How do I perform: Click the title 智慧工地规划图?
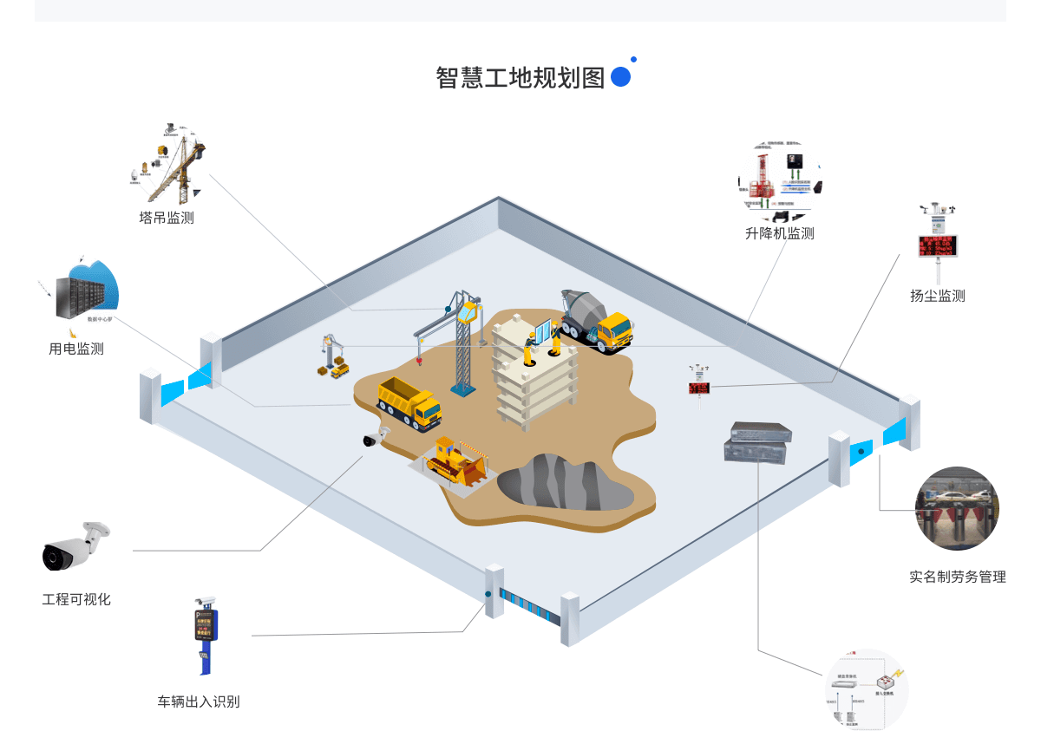pos(520,77)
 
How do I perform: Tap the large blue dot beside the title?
pos(620,76)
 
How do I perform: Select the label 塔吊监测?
pos(167,218)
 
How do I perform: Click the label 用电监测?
pos(76,349)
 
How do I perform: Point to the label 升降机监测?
pos(780,233)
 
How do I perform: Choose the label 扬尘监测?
pos(937,296)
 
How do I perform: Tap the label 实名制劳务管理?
pos(957,577)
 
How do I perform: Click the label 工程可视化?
pos(76,599)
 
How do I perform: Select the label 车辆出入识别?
pos(198,702)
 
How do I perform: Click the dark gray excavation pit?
pos(564,483)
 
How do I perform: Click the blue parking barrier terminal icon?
pos(206,634)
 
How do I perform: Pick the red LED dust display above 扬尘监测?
pos(938,245)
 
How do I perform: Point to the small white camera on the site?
pos(376,437)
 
